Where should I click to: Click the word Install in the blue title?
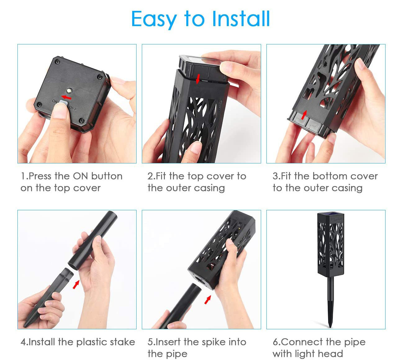click(241, 19)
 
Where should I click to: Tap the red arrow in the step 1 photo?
click(66, 97)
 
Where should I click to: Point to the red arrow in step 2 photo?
click(198, 79)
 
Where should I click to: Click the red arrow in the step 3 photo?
click(304, 115)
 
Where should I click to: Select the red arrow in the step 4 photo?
click(76, 284)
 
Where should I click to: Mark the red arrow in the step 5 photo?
click(208, 300)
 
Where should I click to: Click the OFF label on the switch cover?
click(73, 108)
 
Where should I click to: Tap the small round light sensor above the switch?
click(69, 91)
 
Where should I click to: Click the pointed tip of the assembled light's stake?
click(330, 327)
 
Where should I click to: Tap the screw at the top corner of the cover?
click(58, 62)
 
